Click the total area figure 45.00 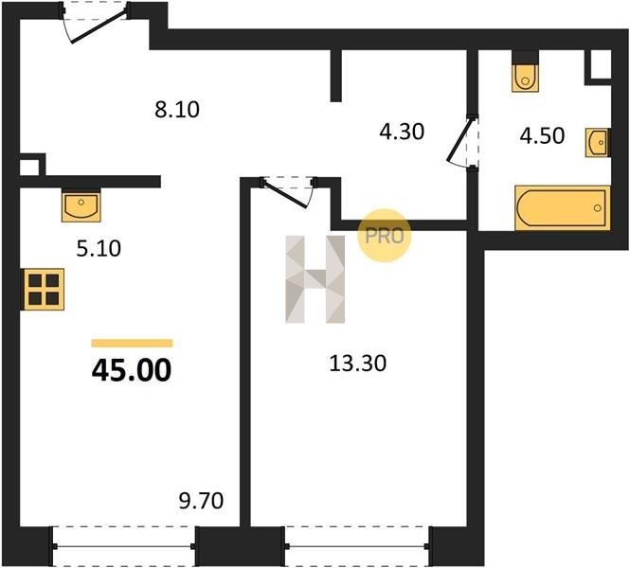point(132,370)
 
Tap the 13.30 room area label point(357,364)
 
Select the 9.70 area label point(201,501)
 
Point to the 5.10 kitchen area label point(99,248)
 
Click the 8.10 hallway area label point(177,110)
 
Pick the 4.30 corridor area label point(402,132)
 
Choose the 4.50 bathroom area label point(542,135)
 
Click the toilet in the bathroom point(525,71)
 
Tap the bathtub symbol point(563,208)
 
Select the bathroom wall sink point(598,143)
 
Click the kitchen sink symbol point(81,204)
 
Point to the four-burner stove point(43,289)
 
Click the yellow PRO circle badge point(384,236)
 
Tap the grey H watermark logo point(315,279)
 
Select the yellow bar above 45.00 point(133,344)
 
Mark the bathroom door point(463,143)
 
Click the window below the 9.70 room point(124,546)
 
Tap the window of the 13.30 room point(357,546)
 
